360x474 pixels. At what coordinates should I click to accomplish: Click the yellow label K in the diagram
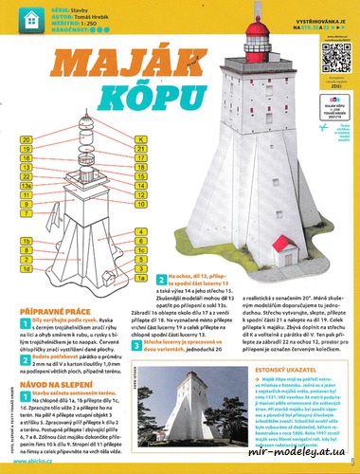coord(141,140)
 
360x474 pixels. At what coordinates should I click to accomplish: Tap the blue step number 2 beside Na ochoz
coord(161,282)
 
